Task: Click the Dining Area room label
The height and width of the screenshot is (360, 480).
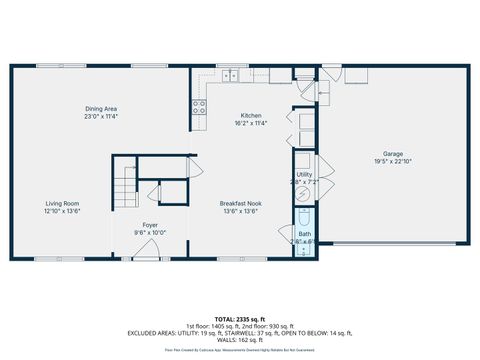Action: pos(101,108)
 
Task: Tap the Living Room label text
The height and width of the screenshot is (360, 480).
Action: pos(61,203)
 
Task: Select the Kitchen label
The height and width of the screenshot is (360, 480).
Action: pos(251,115)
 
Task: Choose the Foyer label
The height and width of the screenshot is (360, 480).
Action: pos(150,225)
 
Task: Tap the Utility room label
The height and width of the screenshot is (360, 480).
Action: pos(304,174)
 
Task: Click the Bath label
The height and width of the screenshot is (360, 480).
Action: pos(303,234)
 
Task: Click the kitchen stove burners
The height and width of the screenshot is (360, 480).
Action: pos(199,106)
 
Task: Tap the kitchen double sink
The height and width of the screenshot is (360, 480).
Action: pos(231,74)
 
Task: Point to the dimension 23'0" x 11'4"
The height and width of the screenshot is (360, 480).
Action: pos(101,116)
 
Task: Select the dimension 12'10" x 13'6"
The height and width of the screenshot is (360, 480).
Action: pos(61,211)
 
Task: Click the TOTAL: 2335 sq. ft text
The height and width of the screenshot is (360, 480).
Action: pos(239,317)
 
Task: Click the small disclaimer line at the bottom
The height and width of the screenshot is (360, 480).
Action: pos(239,350)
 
